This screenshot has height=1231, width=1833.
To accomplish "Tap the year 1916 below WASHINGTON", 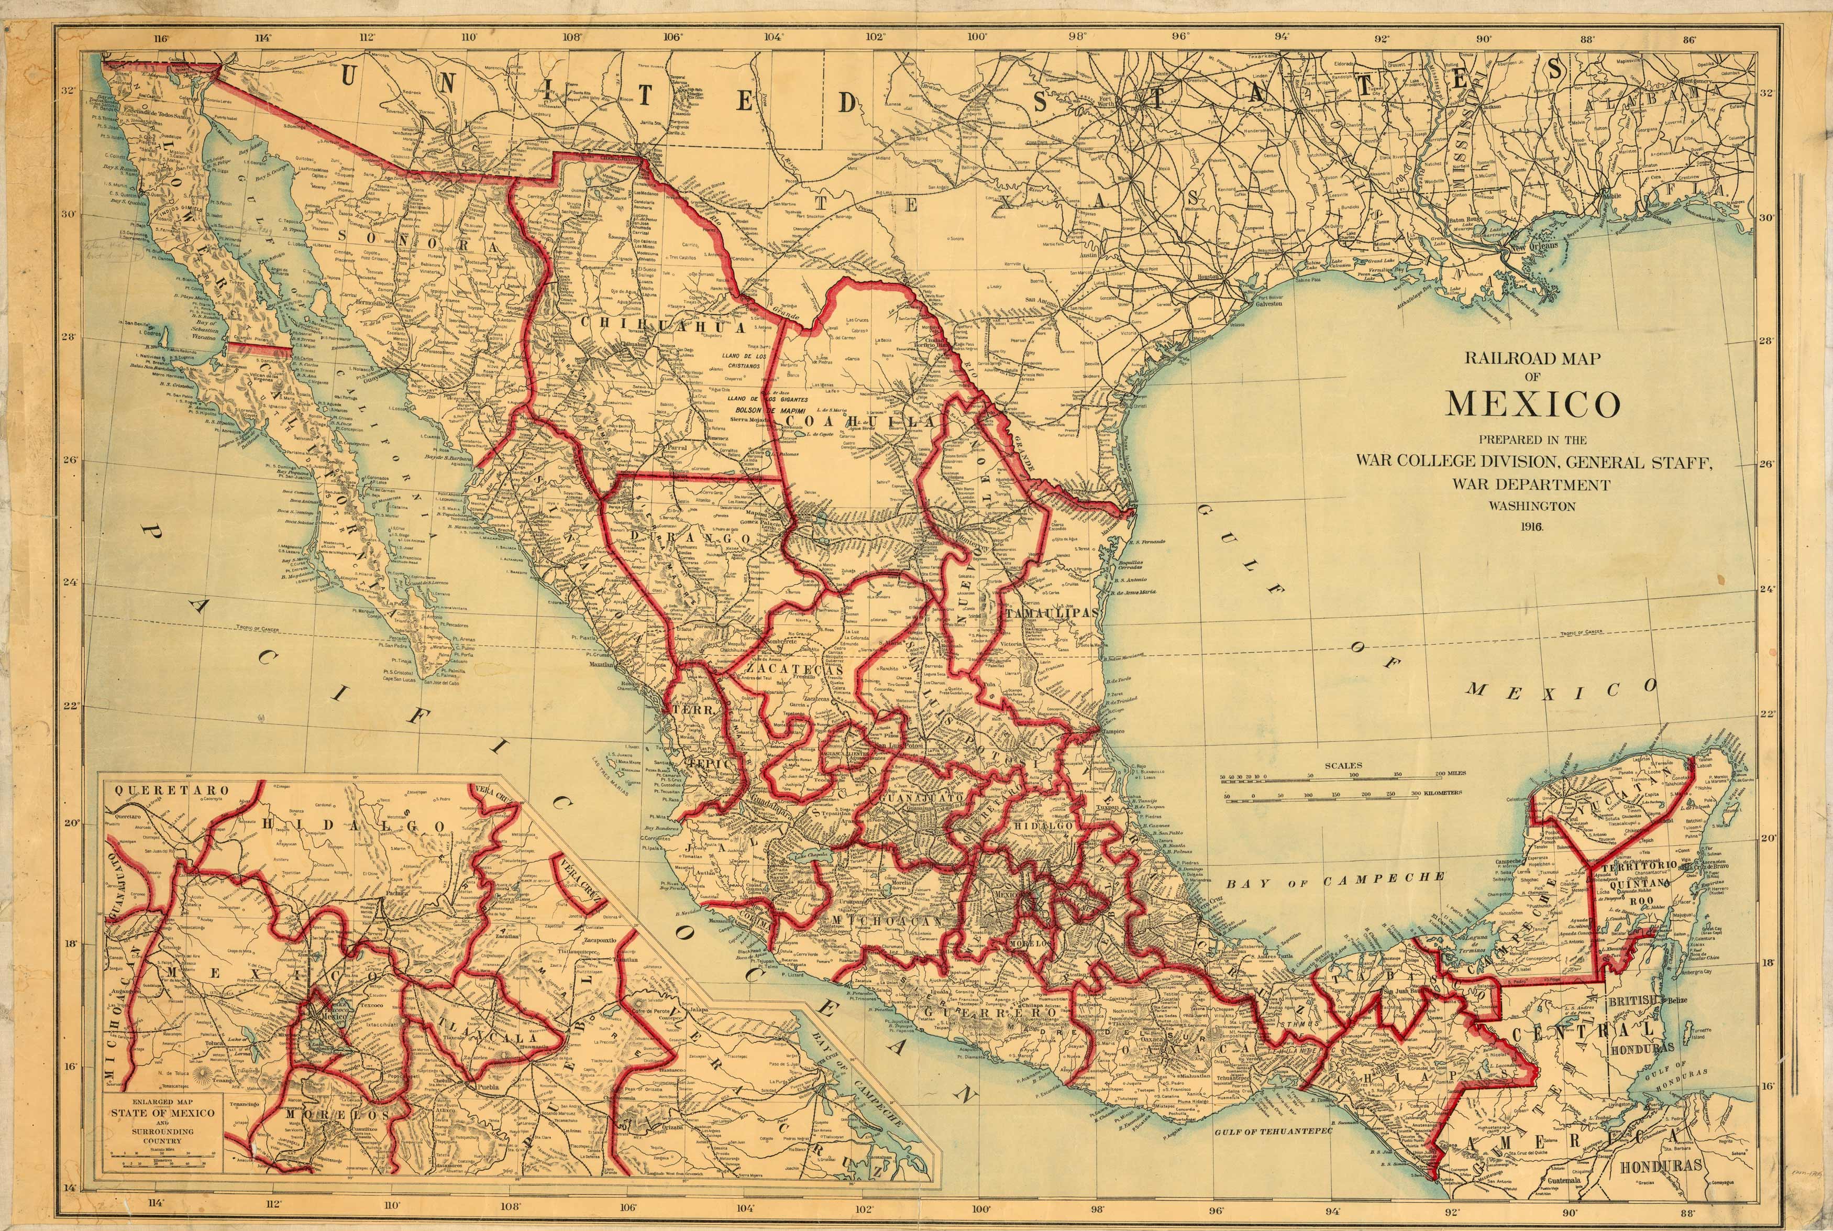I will click(x=1532, y=527).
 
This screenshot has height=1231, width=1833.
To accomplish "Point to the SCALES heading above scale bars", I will click(x=1343, y=765).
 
